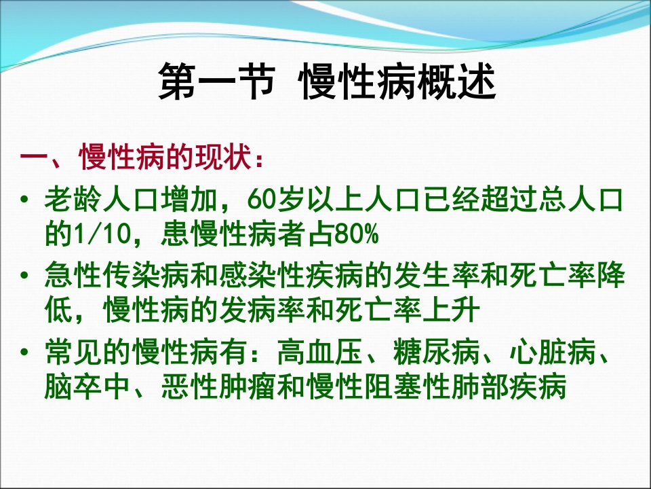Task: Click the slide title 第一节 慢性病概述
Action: pyautogui.click(x=327, y=84)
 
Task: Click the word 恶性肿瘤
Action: pyautogui.click(x=219, y=389)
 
